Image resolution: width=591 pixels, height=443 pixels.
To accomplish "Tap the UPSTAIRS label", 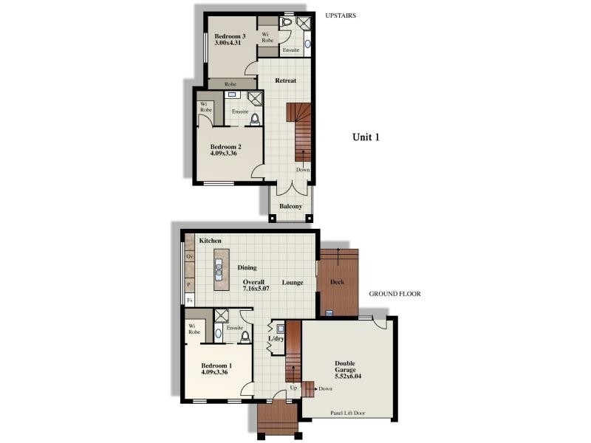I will tap(341, 14).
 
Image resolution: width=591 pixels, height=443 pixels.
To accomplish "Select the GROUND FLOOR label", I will tap(394, 293).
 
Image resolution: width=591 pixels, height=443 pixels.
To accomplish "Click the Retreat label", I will tap(286, 80).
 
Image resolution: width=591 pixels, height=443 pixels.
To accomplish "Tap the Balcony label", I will tap(290, 206).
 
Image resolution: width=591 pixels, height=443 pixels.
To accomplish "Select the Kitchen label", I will tap(211, 241).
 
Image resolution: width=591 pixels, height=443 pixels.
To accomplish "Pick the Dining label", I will tap(247, 267).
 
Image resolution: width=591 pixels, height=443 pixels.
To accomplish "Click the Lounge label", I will tap(293, 283).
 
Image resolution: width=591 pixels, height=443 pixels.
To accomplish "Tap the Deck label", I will tap(338, 281).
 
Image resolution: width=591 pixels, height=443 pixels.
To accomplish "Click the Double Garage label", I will tap(345, 367).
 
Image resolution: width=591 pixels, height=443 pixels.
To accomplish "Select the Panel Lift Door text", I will tap(347, 413).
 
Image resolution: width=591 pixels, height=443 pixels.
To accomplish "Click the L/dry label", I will tap(276, 338).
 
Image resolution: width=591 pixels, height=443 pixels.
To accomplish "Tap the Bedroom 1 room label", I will tap(217, 366).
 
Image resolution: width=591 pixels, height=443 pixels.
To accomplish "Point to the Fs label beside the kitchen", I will tap(190, 301).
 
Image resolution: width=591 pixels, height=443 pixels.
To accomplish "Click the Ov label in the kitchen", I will tap(190, 256).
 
